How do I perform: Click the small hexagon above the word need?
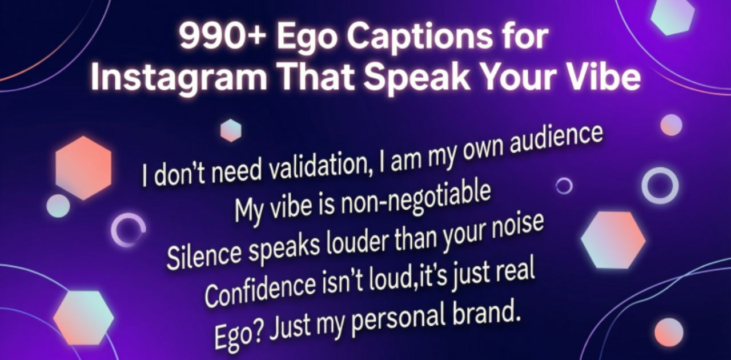click(x=231, y=130)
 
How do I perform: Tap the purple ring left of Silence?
click(x=128, y=230)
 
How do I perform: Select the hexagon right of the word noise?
click(x=613, y=239)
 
